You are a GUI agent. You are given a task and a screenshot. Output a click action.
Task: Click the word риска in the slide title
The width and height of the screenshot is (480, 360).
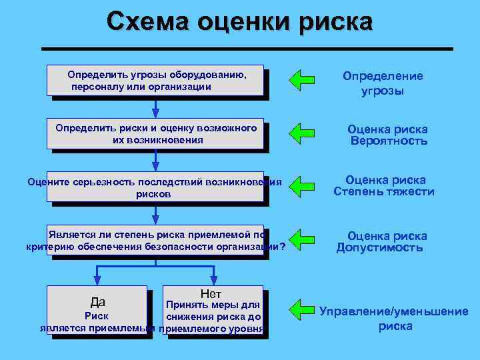point(337,23)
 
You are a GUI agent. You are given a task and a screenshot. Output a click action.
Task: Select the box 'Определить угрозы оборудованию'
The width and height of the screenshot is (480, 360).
point(155,80)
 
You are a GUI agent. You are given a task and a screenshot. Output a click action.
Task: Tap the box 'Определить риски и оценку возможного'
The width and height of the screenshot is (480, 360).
point(155,134)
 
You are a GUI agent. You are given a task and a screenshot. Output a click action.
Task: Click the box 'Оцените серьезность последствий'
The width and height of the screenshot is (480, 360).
point(155,187)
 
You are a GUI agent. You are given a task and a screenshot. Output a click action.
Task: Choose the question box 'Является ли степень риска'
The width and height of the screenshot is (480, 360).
point(155,240)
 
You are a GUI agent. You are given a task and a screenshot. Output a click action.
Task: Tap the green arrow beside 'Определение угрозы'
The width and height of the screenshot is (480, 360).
point(302,79)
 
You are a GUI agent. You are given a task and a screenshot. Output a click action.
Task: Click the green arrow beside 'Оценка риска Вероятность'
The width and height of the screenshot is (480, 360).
point(302,132)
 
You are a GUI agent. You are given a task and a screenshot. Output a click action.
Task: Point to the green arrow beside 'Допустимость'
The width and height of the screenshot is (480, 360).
point(302,238)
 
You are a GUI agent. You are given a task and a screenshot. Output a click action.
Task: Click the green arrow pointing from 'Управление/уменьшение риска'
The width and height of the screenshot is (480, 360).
point(302,309)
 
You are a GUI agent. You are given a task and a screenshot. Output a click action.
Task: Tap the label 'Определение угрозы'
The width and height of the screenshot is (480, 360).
point(383,83)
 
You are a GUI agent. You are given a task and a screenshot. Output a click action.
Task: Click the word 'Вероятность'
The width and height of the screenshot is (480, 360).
point(389,141)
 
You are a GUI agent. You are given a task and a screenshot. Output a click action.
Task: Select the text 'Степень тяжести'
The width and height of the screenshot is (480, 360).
point(383,192)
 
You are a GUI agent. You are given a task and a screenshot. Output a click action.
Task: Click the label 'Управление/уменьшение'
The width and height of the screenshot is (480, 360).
point(393,311)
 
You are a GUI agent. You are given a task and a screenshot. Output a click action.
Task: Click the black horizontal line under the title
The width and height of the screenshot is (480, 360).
point(247,49)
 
